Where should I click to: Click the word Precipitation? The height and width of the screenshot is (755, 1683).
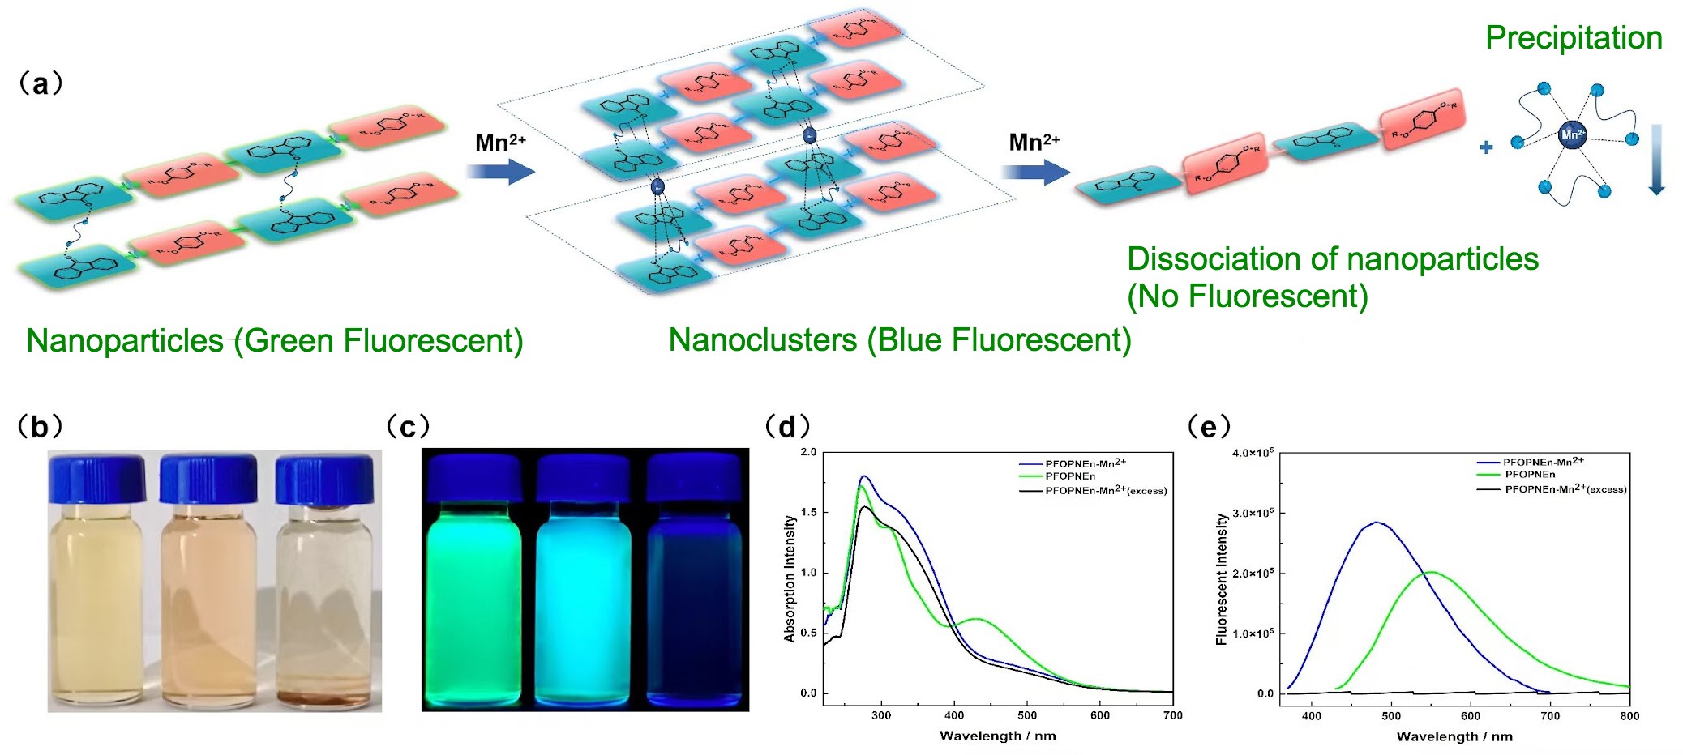(x=1573, y=38)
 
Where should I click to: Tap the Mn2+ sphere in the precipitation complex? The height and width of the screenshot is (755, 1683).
(x=1572, y=134)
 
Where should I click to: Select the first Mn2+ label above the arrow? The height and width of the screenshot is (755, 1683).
(x=500, y=143)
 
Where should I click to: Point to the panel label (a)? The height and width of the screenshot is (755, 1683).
(x=40, y=83)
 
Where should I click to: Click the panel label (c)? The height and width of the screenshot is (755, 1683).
(x=407, y=426)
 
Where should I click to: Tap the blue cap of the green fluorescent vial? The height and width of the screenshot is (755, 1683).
(x=474, y=478)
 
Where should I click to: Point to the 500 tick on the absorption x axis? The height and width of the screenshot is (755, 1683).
(x=1027, y=715)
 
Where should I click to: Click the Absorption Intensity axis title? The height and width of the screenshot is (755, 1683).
(x=790, y=578)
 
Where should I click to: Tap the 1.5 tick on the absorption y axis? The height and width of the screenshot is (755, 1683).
(x=808, y=513)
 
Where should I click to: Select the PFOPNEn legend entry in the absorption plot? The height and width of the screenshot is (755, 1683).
(x=1069, y=476)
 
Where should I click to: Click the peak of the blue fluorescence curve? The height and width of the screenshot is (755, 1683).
(x=1376, y=523)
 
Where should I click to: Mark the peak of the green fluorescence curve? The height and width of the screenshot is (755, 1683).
(x=1431, y=573)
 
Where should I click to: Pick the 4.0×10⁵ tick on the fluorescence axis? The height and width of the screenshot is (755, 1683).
(x=1253, y=453)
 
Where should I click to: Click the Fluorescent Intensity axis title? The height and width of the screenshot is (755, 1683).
(x=1222, y=578)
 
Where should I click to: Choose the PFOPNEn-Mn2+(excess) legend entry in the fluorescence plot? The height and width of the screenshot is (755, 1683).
(x=1565, y=489)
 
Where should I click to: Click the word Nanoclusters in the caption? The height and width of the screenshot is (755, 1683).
(x=762, y=340)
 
